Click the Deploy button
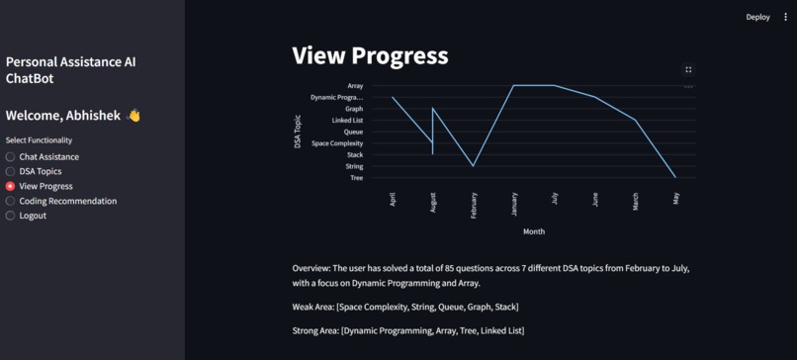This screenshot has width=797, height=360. point(757,17)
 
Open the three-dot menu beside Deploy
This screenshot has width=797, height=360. point(786,17)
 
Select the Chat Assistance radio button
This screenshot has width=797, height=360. point(11,156)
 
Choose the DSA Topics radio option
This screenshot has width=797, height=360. point(11,171)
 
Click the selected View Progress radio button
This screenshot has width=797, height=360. point(11,186)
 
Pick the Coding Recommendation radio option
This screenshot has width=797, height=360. point(11,201)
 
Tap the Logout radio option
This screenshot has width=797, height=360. point(11,216)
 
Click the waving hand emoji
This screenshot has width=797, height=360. point(133,116)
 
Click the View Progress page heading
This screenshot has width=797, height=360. point(370,55)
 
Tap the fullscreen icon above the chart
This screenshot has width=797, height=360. point(688,69)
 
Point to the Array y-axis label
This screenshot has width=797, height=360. point(355,86)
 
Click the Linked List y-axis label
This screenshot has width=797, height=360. point(347,121)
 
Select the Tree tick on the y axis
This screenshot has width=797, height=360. point(356,178)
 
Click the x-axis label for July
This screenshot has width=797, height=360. point(555,198)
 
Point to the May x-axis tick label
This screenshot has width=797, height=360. point(675,198)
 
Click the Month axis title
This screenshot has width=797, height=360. point(534,231)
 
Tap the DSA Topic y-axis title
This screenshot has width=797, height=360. point(298,132)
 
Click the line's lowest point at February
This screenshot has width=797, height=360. point(473,166)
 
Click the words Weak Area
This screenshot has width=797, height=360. point(312,308)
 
